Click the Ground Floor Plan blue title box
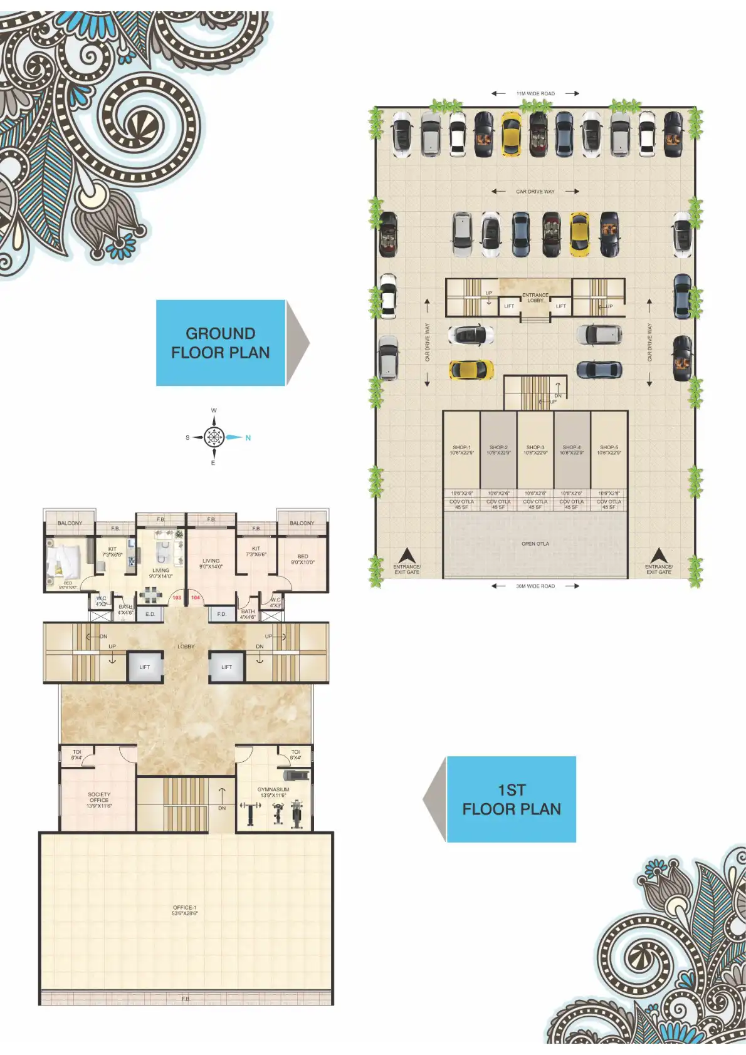[x=221, y=343]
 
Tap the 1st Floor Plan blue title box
[x=511, y=799]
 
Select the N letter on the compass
[x=248, y=438]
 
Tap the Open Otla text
[x=535, y=544]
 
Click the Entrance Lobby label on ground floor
[x=535, y=298]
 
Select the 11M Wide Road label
[x=535, y=94]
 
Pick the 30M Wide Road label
[x=535, y=586]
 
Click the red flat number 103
[x=177, y=598]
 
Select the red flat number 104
[x=196, y=598]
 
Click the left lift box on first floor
[x=145, y=667]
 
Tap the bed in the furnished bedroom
[x=63, y=561]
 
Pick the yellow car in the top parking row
[x=512, y=133]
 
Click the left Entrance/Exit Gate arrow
[x=407, y=556]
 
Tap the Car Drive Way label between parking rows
[x=535, y=192]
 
